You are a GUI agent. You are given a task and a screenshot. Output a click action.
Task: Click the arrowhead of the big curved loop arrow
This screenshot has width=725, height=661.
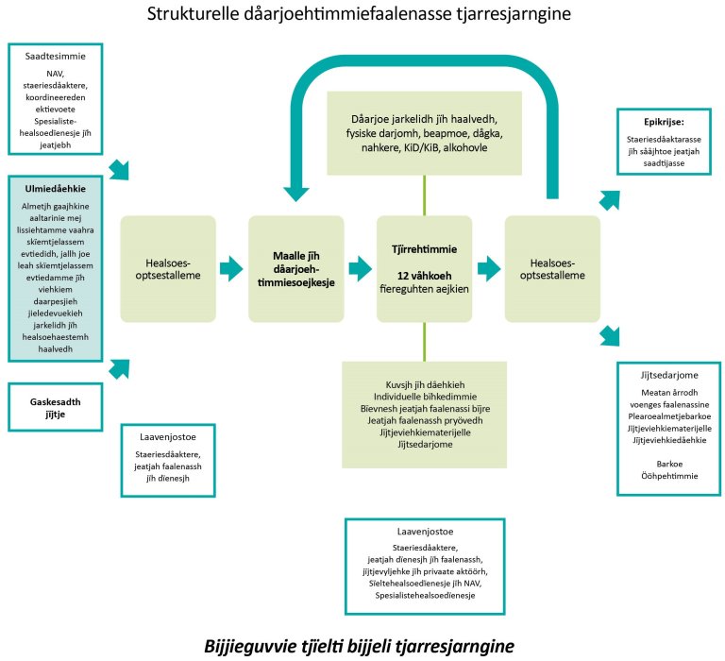click(297, 188)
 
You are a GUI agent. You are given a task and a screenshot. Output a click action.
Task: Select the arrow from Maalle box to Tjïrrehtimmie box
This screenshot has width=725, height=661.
click(360, 268)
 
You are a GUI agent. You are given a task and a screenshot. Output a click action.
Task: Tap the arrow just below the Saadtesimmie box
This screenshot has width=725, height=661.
click(120, 169)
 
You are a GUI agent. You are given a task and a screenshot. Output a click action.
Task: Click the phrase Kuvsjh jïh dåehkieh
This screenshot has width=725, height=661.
click(423, 383)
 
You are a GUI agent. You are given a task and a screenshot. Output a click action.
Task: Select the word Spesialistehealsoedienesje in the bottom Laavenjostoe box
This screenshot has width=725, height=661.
click(423, 596)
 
